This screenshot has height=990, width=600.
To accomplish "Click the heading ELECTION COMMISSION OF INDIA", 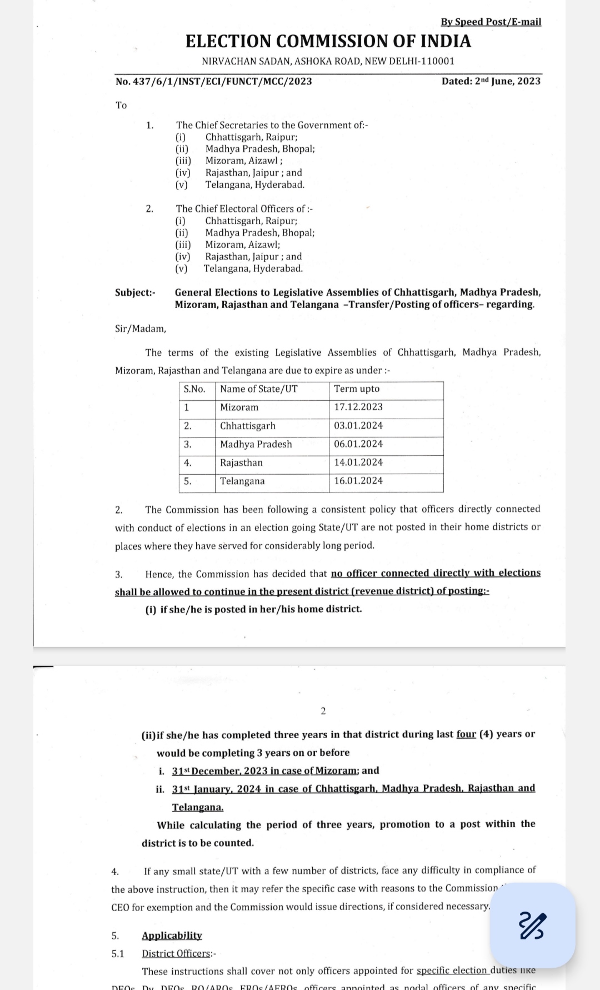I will [328, 42].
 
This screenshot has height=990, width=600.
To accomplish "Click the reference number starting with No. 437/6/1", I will [213, 82].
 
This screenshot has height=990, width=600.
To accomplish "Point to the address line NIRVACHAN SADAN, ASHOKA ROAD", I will [328, 61].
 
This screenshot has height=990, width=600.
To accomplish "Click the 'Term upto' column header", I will [357, 389].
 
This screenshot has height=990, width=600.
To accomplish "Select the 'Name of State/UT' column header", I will [258, 389].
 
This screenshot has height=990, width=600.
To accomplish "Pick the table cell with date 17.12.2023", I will [358, 407].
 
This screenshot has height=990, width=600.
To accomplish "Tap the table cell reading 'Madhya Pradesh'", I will [256, 444].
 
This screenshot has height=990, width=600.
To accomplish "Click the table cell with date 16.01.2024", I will [358, 481].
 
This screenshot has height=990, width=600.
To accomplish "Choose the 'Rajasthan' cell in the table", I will [241, 462].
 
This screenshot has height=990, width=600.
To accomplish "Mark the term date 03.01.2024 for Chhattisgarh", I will [358, 426].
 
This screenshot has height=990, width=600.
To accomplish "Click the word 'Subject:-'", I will [135, 292].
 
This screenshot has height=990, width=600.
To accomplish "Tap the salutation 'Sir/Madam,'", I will [140, 329].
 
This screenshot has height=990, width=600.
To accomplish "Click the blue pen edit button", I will [532, 926].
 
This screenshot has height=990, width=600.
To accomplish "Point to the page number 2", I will [323, 711].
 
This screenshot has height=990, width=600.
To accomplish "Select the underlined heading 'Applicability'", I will [172, 936].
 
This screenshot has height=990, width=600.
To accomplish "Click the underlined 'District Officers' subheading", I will [177, 954].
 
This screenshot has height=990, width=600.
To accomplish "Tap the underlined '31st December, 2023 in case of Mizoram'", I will [264, 771].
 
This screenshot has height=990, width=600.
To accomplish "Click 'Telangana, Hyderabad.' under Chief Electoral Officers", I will [253, 268].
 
